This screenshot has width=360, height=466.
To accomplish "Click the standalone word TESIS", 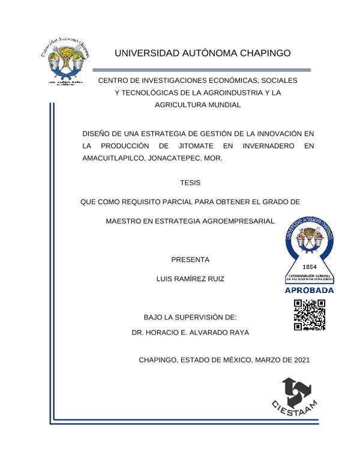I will pyautogui.click(x=190, y=182).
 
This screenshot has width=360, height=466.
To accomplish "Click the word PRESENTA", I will pyautogui.click(x=190, y=260).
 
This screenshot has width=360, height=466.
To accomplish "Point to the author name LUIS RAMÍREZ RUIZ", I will pyautogui.click(x=190, y=279).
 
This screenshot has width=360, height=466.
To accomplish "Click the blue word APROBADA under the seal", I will pyautogui.click(x=310, y=290).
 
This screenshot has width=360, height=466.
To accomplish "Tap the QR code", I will pyautogui.click(x=310, y=315).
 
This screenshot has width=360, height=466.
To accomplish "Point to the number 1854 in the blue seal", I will pyautogui.click(x=310, y=266).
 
